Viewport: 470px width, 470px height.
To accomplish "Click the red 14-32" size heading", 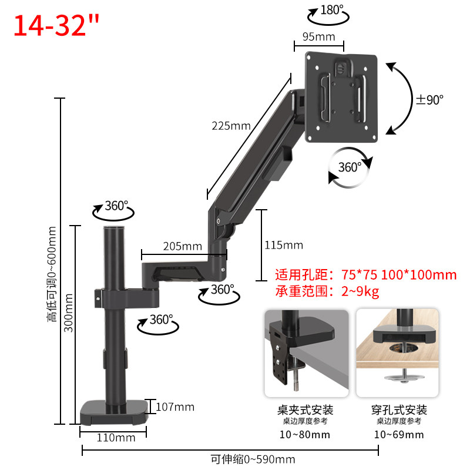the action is click(x=56, y=26).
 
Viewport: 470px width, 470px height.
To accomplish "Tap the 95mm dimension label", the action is click(x=318, y=37).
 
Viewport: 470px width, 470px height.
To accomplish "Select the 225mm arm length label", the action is click(x=231, y=126).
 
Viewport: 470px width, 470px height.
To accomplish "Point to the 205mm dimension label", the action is click(x=182, y=246).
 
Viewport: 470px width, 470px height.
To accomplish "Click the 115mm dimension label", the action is click(x=284, y=245).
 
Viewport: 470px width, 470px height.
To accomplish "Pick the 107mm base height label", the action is click(x=175, y=407).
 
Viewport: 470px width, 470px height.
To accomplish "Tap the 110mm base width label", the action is click(x=116, y=438).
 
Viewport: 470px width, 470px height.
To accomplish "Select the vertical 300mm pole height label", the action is click(x=69, y=313).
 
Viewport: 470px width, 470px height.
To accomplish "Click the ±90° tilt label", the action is click(x=429, y=100).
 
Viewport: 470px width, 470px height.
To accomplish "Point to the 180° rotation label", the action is click(x=332, y=10).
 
